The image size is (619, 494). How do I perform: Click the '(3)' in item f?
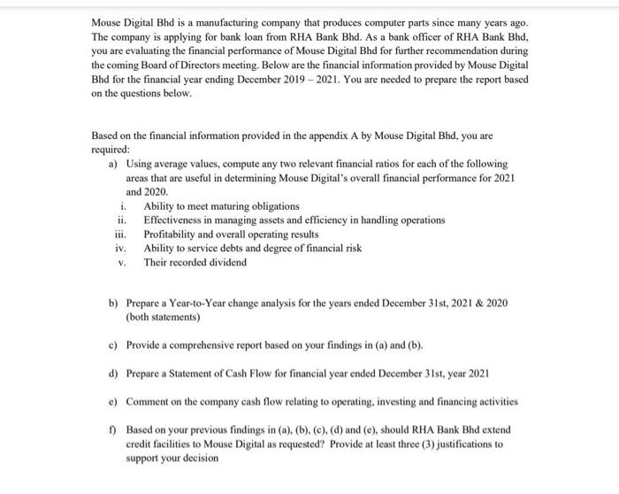pos(425,444)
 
